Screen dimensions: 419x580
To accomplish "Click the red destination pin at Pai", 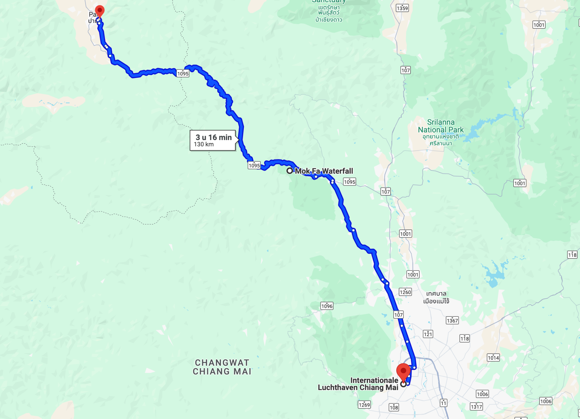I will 100,11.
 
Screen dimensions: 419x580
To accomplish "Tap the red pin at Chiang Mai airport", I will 403,371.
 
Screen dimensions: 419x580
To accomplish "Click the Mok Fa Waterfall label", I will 324,171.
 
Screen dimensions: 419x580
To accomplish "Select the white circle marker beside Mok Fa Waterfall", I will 290,171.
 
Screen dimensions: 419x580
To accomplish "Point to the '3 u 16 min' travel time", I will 214,137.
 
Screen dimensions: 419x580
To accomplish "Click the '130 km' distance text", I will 204,145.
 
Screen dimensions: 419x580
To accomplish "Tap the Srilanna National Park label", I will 441,126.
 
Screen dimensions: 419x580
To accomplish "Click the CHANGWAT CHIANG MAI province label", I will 222,367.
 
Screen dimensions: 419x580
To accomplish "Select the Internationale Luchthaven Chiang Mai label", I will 358,384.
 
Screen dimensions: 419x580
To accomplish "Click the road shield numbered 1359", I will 402,8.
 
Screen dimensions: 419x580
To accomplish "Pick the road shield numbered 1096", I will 327,306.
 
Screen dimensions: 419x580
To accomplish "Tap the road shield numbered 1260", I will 405,292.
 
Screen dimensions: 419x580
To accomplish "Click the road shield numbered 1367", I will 452,320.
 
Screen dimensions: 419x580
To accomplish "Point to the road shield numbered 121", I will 428,334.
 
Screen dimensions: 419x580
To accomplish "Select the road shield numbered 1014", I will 493,358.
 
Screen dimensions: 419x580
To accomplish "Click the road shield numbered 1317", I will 476,407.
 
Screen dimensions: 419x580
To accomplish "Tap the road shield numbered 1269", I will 364,405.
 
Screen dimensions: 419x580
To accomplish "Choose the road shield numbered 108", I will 394,408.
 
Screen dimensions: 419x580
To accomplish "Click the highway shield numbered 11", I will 443,403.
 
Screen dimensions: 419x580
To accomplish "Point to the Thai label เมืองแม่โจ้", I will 436,301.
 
